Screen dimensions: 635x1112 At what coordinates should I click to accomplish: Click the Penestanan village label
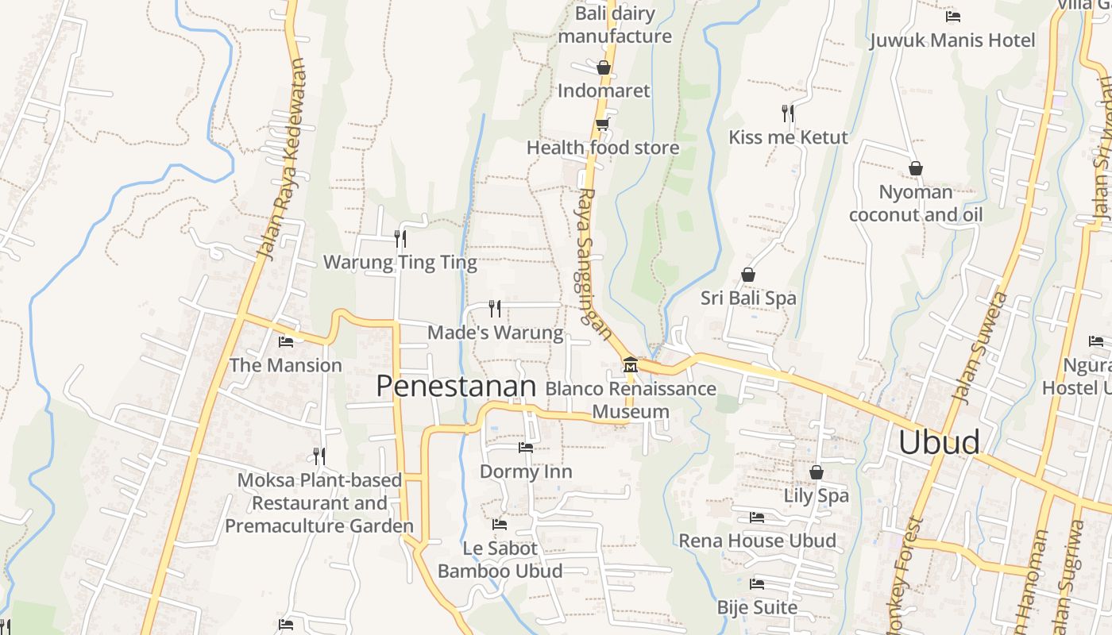click(x=456, y=386)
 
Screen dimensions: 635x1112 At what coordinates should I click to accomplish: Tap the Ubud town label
click(x=939, y=442)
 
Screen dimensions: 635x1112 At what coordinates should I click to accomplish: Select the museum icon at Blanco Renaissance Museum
click(x=631, y=365)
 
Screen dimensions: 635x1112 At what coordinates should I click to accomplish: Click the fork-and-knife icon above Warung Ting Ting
click(x=400, y=238)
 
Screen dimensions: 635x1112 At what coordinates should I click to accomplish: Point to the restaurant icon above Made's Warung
click(x=495, y=308)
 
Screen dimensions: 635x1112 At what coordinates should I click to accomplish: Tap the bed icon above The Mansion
click(x=286, y=342)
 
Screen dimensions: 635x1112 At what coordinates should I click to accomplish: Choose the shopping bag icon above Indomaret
click(x=604, y=67)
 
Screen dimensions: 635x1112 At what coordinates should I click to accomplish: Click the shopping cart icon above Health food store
click(x=603, y=124)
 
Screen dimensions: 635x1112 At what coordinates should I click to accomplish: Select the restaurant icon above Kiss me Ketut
click(x=788, y=114)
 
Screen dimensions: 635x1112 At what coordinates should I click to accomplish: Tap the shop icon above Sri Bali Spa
click(x=748, y=275)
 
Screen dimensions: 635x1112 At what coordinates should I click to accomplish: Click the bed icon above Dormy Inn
click(x=526, y=448)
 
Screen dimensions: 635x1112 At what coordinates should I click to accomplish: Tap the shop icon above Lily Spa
click(x=817, y=472)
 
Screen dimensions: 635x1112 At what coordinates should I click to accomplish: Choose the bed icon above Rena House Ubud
click(x=757, y=518)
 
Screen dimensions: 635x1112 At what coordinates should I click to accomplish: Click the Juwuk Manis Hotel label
click(x=952, y=40)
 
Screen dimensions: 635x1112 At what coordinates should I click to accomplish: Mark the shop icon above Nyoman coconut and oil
click(x=916, y=168)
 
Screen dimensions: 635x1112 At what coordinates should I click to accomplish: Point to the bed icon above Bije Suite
click(x=757, y=584)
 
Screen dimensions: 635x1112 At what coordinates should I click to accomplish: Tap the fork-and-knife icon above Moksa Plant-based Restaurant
click(x=319, y=456)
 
